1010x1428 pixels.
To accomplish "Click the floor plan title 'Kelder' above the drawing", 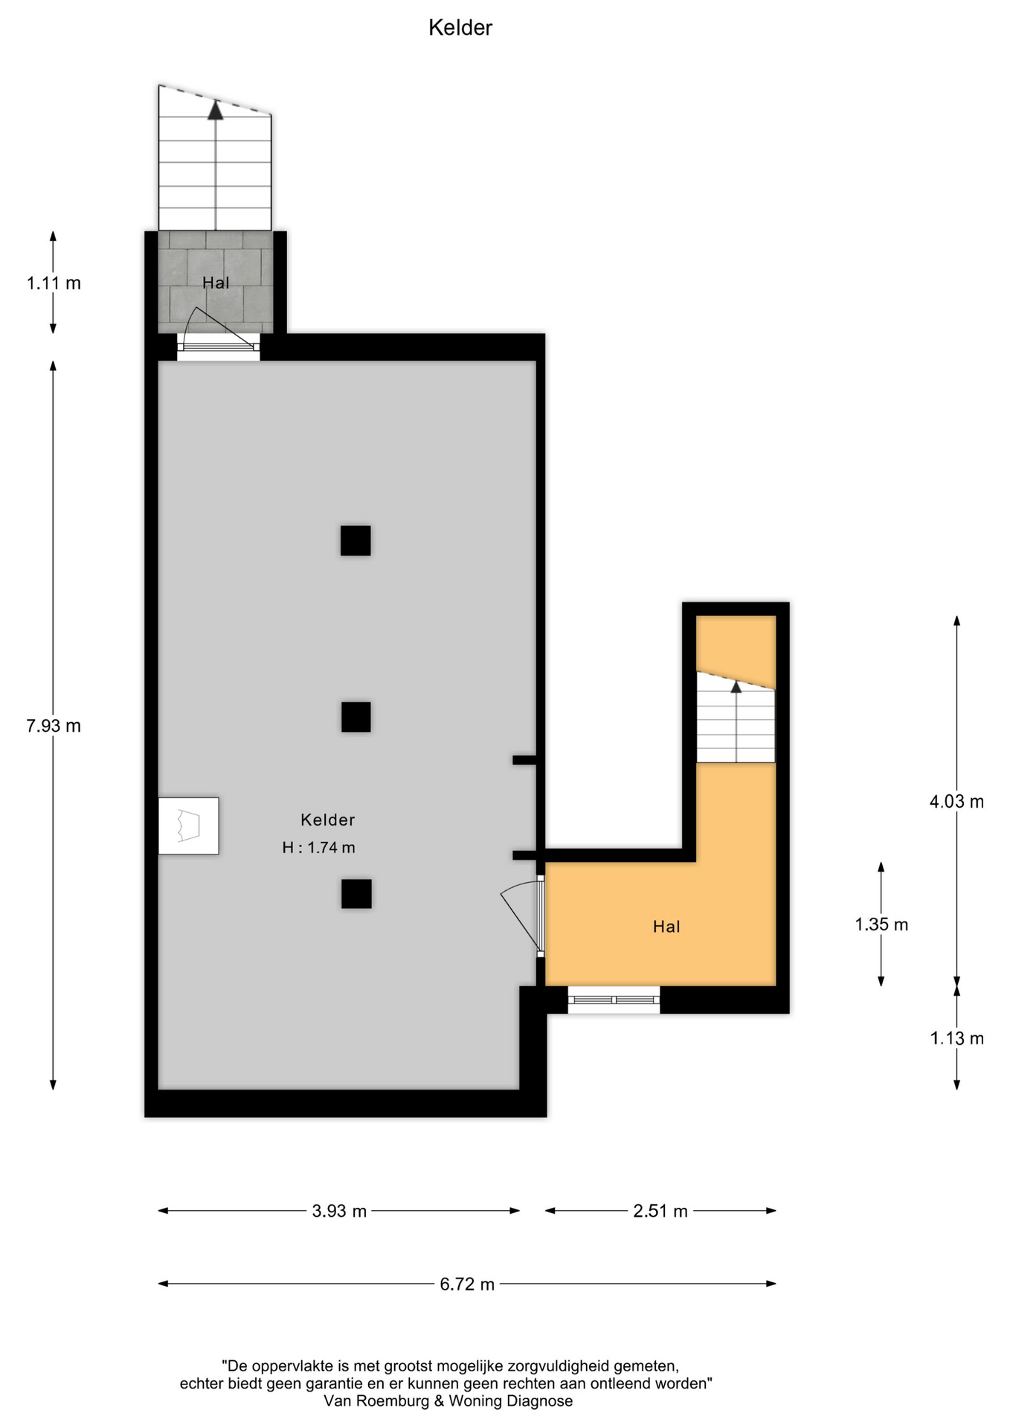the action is (x=460, y=28).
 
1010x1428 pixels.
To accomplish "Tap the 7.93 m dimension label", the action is (x=54, y=725).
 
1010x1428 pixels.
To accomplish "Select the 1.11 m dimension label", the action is (x=54, y=283).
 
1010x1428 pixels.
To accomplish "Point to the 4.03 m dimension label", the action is (x=956, y=801).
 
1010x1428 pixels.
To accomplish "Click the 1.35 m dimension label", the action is (x=881, y=924).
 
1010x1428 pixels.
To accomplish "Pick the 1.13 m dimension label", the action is (x=957, y=1038).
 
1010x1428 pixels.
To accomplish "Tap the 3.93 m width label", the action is (x=339, y=1211).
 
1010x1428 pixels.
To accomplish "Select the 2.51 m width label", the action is (x=660, y=1211).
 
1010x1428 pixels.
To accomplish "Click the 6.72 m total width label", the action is (x=467, y=1284).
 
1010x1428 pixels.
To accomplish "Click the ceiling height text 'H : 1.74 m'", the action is (x=318, y=847).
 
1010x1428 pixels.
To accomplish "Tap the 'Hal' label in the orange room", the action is (x=666, y=927).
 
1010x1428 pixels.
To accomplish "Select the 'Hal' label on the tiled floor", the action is (x=216, y=283).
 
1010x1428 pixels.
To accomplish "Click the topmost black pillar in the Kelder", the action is (x=356, y=541).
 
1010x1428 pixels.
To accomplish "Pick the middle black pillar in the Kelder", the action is (x=356, y=717).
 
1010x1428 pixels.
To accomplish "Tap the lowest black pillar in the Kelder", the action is (x=356, y=894).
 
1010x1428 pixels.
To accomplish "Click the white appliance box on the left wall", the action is (x=189, y=826).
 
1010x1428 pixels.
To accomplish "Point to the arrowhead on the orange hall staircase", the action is (x=736, y=686).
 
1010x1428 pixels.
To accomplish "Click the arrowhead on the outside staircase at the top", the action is (x=216, y=110).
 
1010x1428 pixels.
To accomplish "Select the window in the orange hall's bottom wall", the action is (x=614, y=1000).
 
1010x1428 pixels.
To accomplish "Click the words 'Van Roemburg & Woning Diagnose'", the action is (x=448, y=1401).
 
